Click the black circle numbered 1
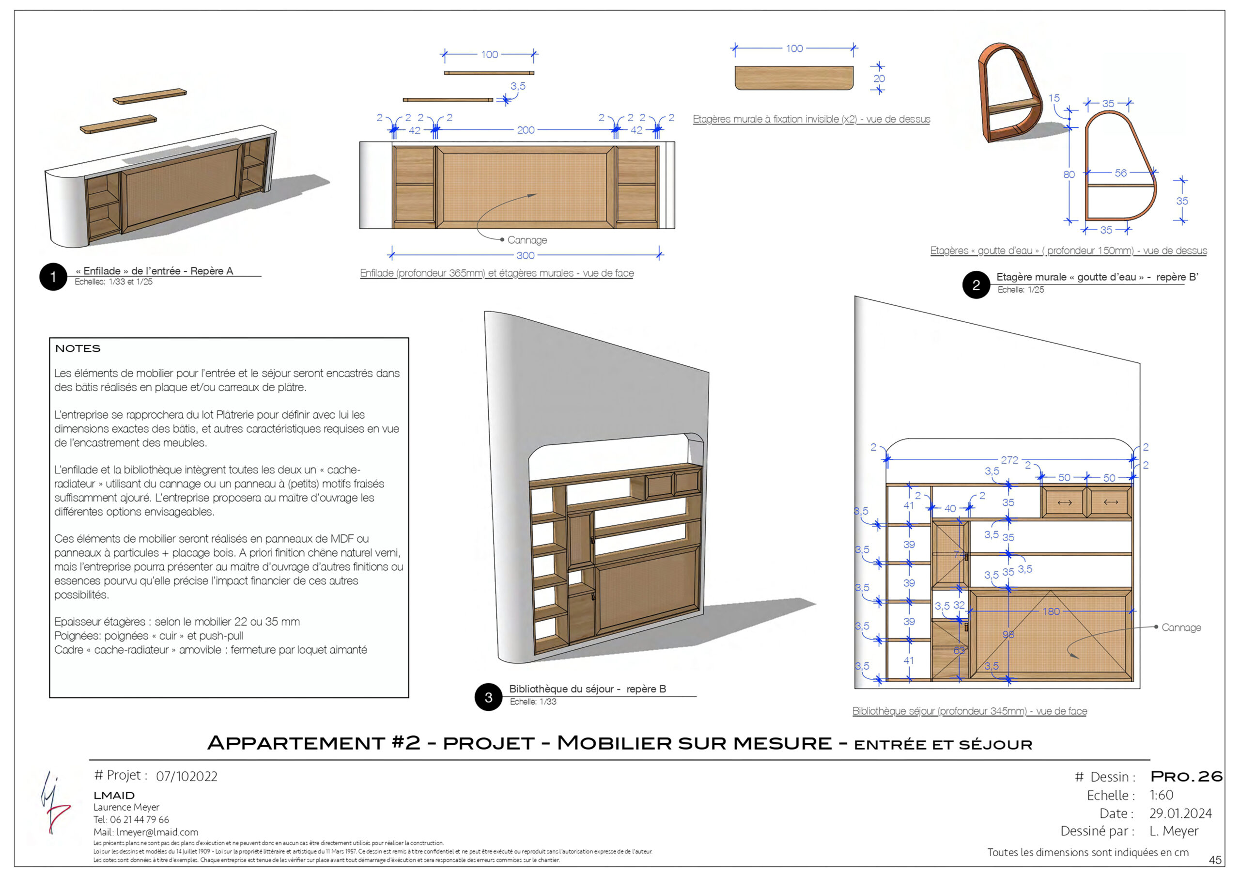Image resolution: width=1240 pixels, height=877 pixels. pyautogui.click(x=53, y=277)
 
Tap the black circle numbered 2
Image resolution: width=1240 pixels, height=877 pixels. pyautogui.click(x=976, y=285)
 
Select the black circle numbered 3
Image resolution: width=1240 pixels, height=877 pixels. pyautogui.click(x=488, y=697)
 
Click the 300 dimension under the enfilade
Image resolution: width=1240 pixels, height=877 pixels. pyautogui.click(x=525, y=255)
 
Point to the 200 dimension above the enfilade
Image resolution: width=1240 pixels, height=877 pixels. pyautogui.click(x=525, y=130)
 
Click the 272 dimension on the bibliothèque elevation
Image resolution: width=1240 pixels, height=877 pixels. pyautogui.click(x=1009, y=460)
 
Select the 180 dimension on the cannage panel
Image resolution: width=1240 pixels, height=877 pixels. pyautogui.click(x=1051, y=611)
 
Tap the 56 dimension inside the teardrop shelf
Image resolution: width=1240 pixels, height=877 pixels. pyautogui.click(x=1121, y=173)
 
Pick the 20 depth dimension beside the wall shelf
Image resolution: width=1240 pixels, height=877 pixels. pyautogui.click(x=879, y=78)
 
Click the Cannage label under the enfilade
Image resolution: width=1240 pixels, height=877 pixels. pyautogui.click(x=527, y=240)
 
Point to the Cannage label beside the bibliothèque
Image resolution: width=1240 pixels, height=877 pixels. pyautogui.click(x=1181, y=627)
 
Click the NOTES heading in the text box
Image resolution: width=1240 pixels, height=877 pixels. pyautogui.click(x=78, y=348)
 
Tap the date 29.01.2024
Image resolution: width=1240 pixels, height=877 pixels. pyautogui.click(x=1180, y=813)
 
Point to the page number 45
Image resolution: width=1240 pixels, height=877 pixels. pyautogui.click(x=1215, y=860)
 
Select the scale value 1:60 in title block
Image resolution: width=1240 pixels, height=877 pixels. pyautogui.click(x=1161, y=795)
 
